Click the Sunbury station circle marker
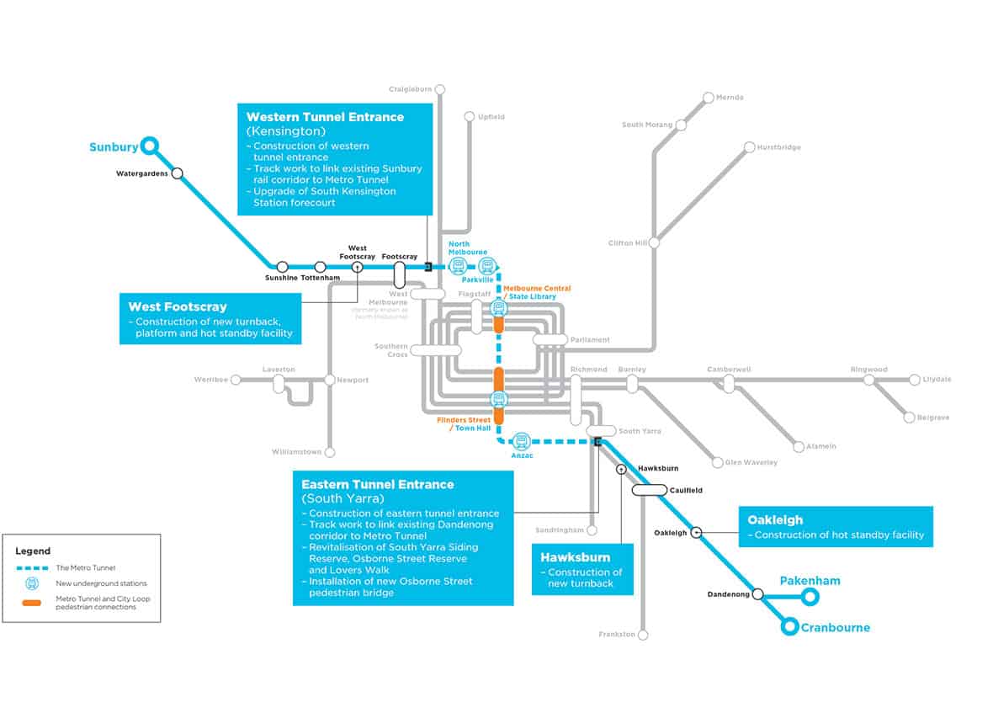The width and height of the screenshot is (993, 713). click(149, 146)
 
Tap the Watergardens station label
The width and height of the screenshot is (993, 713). click(142, 174)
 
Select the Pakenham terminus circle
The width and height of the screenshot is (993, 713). click(810, 597)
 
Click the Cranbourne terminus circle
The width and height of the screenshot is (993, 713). click(789, 627)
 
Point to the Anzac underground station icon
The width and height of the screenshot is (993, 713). click(522, 440)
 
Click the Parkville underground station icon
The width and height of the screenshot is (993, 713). click(486, 267)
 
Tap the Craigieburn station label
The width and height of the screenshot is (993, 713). click(410, 88)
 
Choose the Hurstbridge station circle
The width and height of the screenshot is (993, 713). click(749, 147)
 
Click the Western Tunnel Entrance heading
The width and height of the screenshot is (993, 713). click(325, 117)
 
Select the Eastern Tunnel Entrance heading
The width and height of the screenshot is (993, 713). click(378, 484)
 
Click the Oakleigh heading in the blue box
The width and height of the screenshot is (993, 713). click(775, 519)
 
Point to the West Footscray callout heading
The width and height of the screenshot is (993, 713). click(178, 306)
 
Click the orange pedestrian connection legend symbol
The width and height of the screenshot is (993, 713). click(31, 603)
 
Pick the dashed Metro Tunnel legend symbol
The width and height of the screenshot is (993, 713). click(31, 567)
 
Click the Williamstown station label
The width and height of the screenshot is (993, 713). click(296, 452)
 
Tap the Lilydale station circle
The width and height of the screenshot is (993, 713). click(915, 380)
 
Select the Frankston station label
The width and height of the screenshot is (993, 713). click(617, 634)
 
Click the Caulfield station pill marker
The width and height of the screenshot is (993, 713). click(649, 490)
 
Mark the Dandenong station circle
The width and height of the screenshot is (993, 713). click(757, 593)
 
